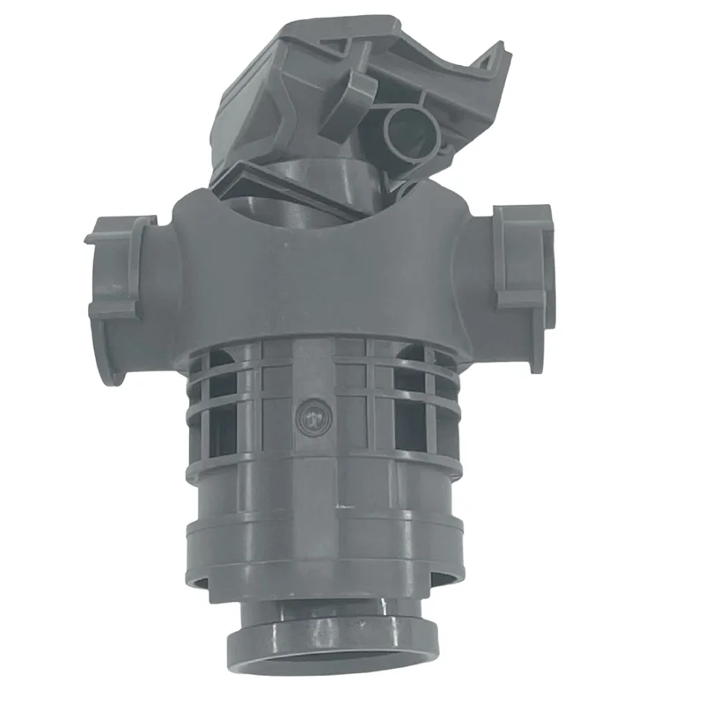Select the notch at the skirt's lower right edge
440,576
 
